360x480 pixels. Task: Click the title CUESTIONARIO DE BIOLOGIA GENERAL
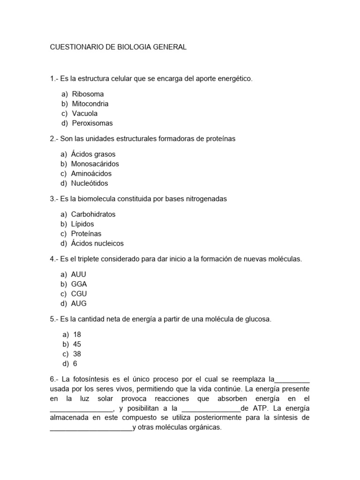[118, 47]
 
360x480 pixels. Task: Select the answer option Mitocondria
[90, 104]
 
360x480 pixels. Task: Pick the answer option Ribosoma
[88, 94]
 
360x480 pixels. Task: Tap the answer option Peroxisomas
[92, 123]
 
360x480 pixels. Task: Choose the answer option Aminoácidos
[91, 173]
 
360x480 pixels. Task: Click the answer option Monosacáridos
[95, 164]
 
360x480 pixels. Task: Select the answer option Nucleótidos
[90, 183]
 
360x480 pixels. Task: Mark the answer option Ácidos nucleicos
[97, 243]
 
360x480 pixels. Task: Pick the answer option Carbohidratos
[93, 214]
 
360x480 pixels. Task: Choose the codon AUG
[79, 303]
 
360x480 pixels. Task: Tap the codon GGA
[79, 284]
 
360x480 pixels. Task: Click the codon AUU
[79, 274]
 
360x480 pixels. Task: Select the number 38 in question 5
[77, 354]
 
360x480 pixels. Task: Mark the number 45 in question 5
[77, 344]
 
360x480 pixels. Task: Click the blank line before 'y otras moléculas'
[91, 428]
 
